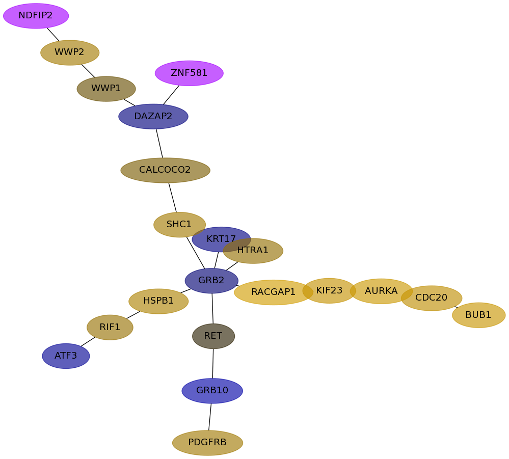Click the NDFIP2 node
click(x=36, y=16)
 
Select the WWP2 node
click(x=70, y=52)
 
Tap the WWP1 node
click(x=106, y=89)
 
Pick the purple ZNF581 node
click(x=189, y=73)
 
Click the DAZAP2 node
click(x=153, y=117)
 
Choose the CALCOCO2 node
click(x=165, y=170)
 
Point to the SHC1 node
click(x=179, y=225)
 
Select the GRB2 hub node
click(x=211, y=281)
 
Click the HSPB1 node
click(x=158, y=301)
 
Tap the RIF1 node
click(x=110, y=327)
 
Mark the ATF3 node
click(x=66, y=356)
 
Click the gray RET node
click(x=213, y=336)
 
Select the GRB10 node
click(x=212, y=391)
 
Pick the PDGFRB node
click(x=207, y=443)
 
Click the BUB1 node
click(x=478, y=315)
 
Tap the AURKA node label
click(x=381, y=291)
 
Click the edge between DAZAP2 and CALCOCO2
click(x=159, y=143)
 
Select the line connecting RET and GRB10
click(x=213, y=364)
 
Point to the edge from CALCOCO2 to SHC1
click(x=172, y=198)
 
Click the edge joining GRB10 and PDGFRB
click(x=210, y=417)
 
